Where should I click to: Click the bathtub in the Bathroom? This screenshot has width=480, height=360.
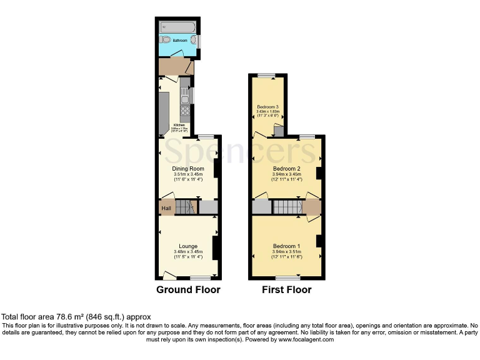[177, 27]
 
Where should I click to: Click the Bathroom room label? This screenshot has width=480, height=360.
[171, 40]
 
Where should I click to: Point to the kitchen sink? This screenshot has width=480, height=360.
[184, 95]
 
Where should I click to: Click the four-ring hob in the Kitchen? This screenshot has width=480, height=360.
[184, 112]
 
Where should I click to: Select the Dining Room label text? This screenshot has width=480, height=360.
[187, 168]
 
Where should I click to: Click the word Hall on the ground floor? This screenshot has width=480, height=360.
[166, 208]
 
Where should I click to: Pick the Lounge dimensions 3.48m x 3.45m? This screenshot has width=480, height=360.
[187, 251]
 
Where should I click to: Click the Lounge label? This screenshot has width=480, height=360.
[187, 246]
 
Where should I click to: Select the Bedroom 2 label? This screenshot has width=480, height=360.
[287, 168]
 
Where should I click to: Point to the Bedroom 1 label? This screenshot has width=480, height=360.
[287, 246]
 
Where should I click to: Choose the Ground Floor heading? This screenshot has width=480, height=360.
[187, 290]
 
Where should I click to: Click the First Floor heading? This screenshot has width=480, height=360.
[287, 290]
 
